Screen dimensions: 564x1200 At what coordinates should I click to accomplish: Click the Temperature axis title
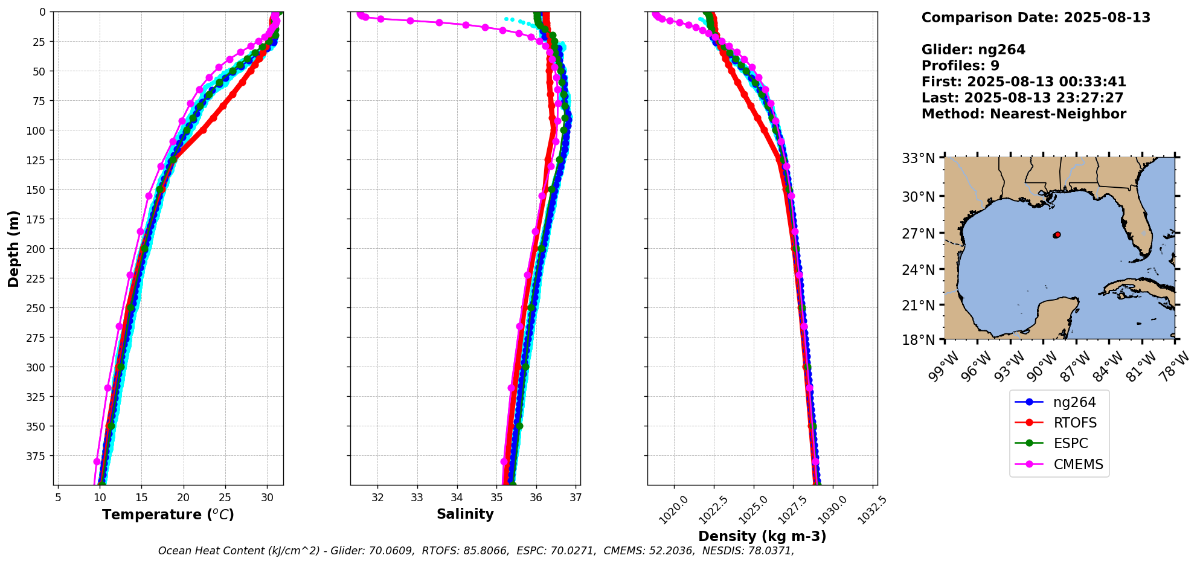point(168,514)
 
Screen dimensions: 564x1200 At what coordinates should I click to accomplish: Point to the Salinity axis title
point(465,514)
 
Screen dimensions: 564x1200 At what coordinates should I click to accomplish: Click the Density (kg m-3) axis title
point(762,536)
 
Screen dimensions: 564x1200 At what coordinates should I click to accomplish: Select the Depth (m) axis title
point(13,249)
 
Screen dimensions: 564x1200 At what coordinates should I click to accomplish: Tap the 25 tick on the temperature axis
point(225,498)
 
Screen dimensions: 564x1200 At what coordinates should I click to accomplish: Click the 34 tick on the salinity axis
point(457,498)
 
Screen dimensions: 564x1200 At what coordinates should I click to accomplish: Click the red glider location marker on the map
point(1057,235)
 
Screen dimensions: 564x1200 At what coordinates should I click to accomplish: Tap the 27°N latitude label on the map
point(919,234)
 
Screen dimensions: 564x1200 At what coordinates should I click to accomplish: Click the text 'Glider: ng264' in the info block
point(973,50)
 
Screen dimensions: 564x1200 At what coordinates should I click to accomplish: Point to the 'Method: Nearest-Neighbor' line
point(1024,114)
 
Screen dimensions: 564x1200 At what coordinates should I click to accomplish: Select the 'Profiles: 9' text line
point(960,66)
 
